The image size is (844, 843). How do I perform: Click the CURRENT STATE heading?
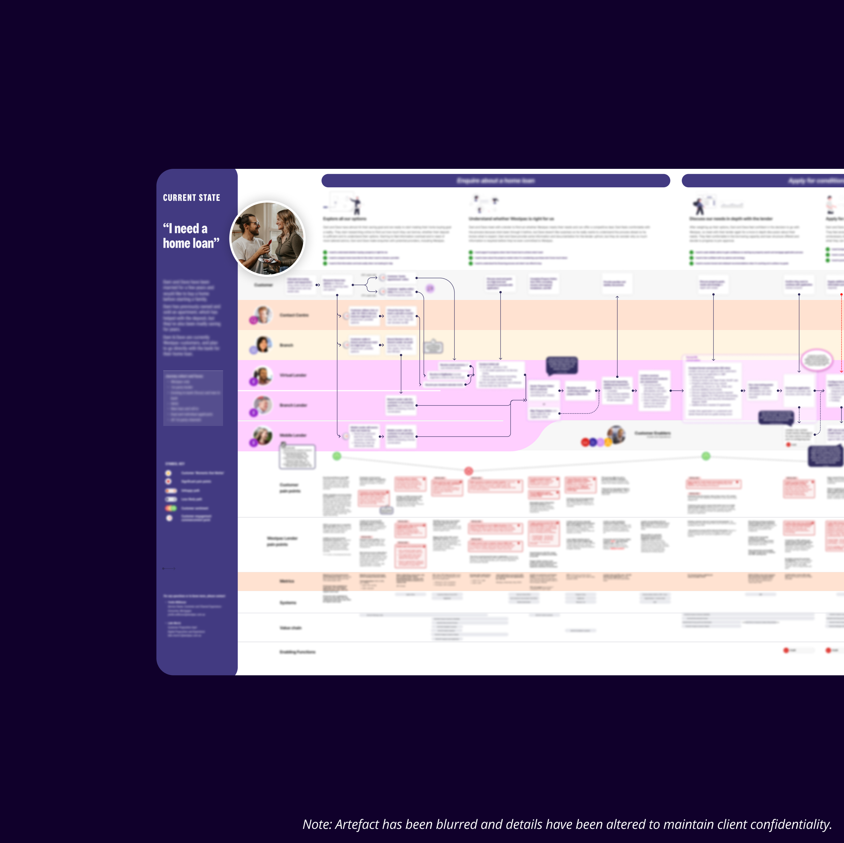[x=191, y=198]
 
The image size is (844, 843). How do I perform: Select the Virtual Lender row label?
[x=293, y=375]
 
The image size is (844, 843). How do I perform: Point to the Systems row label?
[x=288, y=603]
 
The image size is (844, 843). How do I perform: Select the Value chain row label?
[x=290, y=628]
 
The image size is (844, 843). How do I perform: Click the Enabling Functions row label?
[x=297, y=652]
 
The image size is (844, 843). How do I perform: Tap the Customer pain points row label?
[x=290, y=488]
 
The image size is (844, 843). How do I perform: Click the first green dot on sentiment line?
[x=337, y=456]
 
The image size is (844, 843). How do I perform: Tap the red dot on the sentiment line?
[x=469, y=471]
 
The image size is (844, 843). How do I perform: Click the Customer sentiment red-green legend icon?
[x=171, y=508]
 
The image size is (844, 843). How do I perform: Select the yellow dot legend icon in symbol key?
[x=168, y=473]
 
